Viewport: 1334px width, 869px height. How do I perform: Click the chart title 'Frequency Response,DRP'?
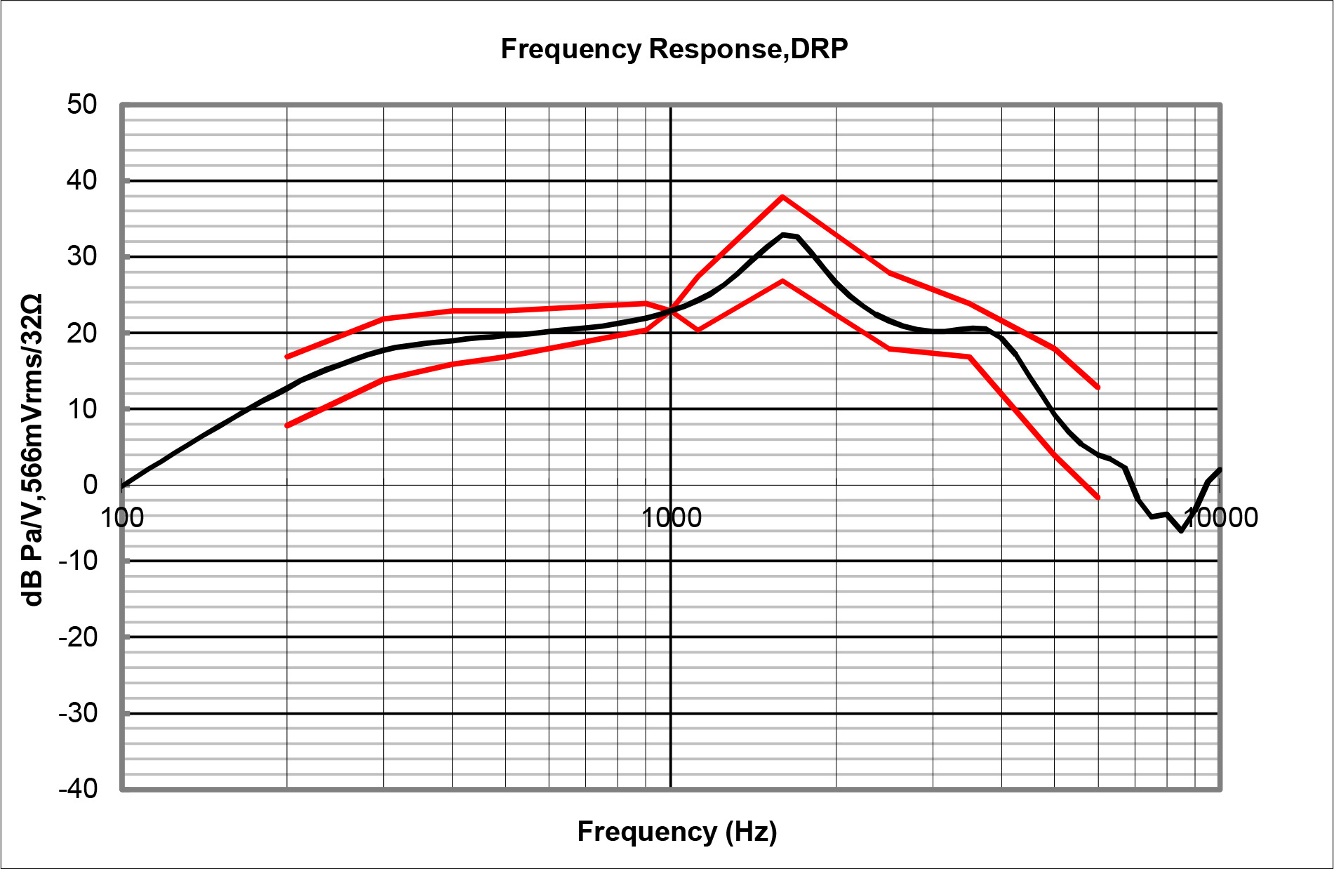pos(674,49)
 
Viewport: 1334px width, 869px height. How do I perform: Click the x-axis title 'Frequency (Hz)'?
pos(677,831)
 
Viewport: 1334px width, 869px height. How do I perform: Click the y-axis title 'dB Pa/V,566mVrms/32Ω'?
pos(32,449)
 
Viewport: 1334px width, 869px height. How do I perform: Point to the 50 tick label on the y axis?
pos(82,105)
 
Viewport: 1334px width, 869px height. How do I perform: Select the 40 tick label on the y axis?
pos(82,180)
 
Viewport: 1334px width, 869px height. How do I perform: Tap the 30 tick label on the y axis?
pos(82,256)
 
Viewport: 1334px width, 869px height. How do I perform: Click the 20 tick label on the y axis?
pos(82,333)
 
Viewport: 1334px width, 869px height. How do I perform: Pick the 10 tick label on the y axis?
pos(82,409)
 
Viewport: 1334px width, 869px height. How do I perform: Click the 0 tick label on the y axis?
pos(90,484)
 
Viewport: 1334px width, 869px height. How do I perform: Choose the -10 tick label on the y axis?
pos(78,561)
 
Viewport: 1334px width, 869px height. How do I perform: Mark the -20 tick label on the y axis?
pos(78,637)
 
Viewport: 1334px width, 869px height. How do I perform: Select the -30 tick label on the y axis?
pos(78,713)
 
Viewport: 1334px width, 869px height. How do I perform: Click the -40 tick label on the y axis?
pos(78,789)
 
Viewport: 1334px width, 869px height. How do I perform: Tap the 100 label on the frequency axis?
pos(122,518)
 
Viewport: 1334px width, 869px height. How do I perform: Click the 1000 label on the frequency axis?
pos(672,518)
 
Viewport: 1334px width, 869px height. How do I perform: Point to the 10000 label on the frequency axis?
pos(1221,518)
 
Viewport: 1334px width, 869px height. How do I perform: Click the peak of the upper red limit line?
pos(782,197)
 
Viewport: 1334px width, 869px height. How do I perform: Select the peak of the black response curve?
pos(784,234)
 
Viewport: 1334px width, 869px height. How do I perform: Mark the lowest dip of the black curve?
pos(1181,531)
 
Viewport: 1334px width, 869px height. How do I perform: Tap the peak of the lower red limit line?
pos(782,281)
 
